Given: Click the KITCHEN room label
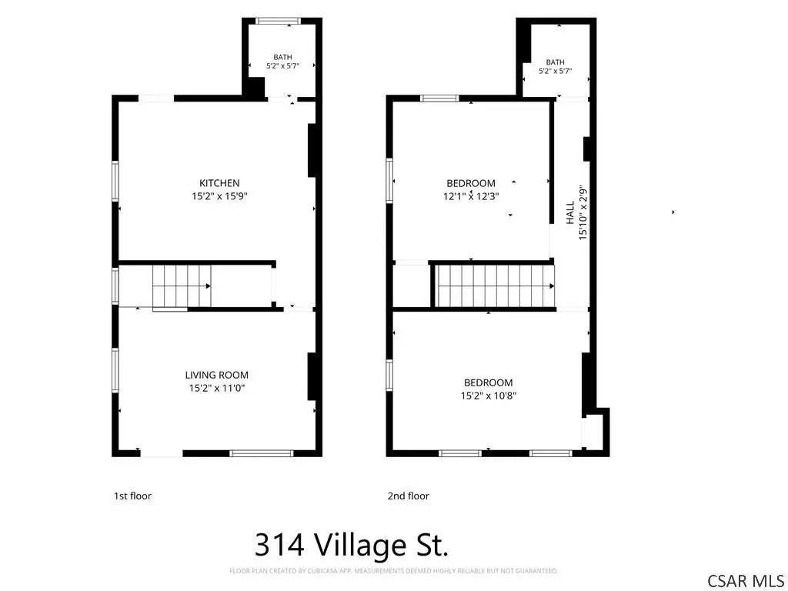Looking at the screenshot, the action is pyautogui.click(x=219, y=183).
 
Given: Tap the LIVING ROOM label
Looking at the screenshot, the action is pyautogui.click(x=216, y=375).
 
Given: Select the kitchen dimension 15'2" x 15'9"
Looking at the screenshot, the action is pyautogui.click(x=219, y=196).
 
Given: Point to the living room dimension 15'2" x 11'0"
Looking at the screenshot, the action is pyautogui.click(x=216, y=388).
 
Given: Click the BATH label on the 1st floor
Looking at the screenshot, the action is pyautogui.click(x=282, y=57).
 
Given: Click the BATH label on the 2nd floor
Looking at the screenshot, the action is pyautogui.click(x=555, y=62).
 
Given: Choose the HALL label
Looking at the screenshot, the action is pyautogui.click(x=570, y=212).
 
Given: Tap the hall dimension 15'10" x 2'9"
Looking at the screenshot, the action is pyautogui.click(x=583, y=212).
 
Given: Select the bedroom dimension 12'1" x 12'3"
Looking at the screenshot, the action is pyautogui.click(x=471, y=196).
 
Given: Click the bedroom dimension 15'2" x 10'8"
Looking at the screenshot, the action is pyautogui.click(x=489, y=396).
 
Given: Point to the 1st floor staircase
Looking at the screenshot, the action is pyautogui.click(x=182, y=286).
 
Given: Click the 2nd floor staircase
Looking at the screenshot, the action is pyautogui.click(x=495, y=286).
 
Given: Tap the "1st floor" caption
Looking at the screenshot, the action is pyautogui.click(x=132, y=496).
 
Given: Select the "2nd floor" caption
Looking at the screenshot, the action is pyautogui.click(x=408, y=496).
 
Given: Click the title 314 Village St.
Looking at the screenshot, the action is pyautogui.click(x=351, y=545).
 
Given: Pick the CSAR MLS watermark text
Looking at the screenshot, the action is pyautogui.click(x=745, y=581).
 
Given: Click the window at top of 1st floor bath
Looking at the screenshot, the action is pyautogui.click(x=278, y=21).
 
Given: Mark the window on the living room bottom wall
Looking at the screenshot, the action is pyautogui.click(x=262, y=453).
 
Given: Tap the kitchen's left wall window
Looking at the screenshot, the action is pyautogui.click(x=115, y=181).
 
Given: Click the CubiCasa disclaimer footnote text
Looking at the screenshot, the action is pyautogui.click(x=393, y=571).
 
